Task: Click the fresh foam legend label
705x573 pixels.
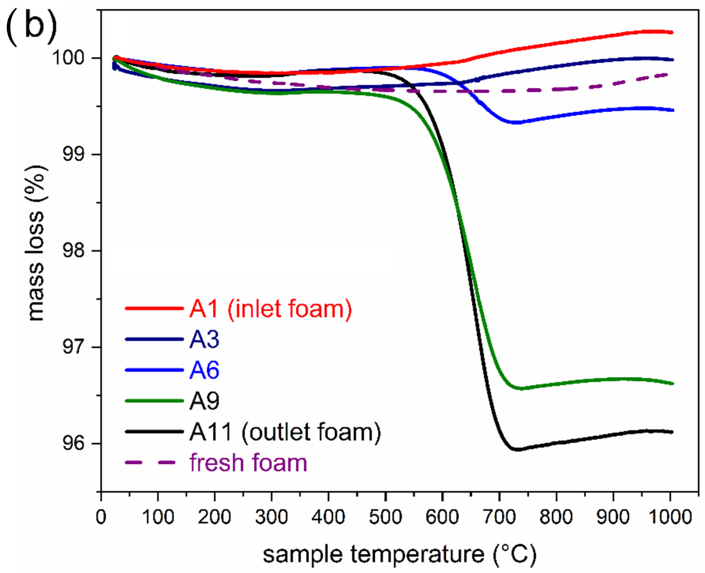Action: point(248,462)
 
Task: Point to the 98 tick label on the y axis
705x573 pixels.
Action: point(73,251)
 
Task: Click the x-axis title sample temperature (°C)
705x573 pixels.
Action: point(399,555)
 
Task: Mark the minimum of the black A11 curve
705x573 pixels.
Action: point(518,449)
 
